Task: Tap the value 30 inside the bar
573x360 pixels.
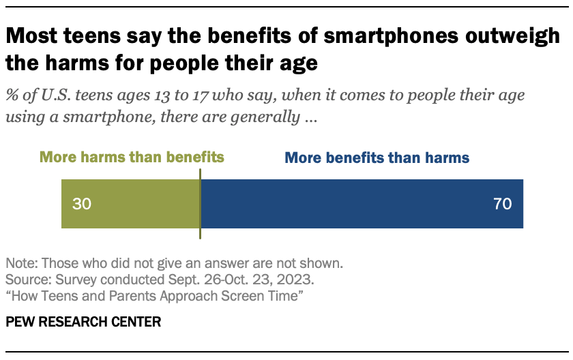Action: (81, 204)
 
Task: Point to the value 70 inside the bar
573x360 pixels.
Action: (502, 204)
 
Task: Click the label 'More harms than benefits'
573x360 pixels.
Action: (132, 157)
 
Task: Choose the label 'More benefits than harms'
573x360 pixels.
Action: (377, 157)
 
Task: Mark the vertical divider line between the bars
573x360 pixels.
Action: (200, 204)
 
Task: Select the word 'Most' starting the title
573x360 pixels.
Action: (33, 37)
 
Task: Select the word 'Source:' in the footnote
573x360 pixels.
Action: (25, 280)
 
